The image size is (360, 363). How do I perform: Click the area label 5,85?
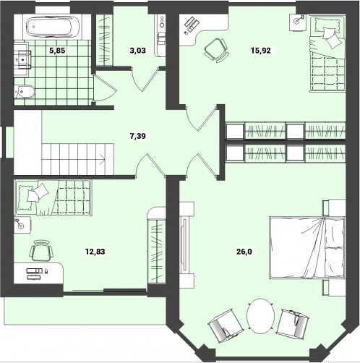[57, 51]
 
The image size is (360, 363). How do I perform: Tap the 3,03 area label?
[137, 51]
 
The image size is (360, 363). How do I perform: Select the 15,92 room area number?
[261, 51]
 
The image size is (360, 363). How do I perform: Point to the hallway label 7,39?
[137, 136]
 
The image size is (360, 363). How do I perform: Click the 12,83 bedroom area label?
[95, 252]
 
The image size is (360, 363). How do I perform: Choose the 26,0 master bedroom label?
[244, 252]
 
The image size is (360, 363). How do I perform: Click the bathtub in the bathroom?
[53, 27]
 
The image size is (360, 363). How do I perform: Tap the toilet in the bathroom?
[24, 92]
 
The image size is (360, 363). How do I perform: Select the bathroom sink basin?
[22, 59]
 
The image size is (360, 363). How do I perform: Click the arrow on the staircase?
[102, 158]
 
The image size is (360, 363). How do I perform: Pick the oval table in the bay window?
[260, 316]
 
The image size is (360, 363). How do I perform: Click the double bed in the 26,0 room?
[307, 248]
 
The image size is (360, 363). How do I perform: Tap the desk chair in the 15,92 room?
[216, 50]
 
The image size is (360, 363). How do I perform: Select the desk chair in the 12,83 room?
[41, 251]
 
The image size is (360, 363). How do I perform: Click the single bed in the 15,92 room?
[327, 54]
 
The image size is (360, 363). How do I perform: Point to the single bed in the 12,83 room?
[53, 197]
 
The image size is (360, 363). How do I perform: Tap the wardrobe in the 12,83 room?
[156, 245]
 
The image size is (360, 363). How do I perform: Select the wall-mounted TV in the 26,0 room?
[185, 244]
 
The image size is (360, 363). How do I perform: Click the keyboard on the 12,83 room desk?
[34, 271]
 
